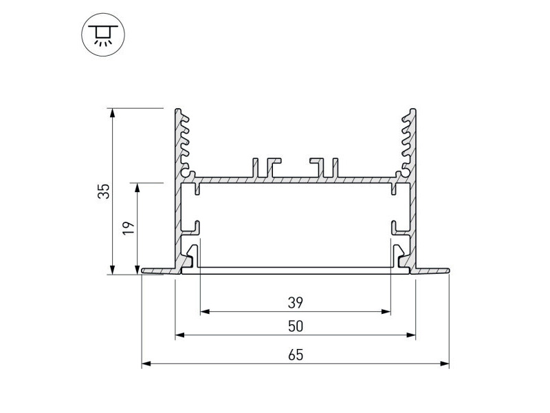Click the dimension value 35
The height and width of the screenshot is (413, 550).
point(104,191)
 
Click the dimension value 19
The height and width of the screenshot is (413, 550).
point(129,229)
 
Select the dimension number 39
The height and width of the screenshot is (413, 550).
point(296,302)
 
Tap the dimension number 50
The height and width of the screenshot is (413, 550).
point(296,326)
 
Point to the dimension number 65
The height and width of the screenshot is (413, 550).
point(296,355)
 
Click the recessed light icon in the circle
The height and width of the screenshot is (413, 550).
point(103,35)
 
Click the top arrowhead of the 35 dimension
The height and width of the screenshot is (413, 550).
point(112,113)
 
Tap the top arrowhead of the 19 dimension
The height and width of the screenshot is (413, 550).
point(137,187)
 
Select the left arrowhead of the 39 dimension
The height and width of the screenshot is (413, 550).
point(205,312)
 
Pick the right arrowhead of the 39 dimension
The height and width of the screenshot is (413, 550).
point(386,312)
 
